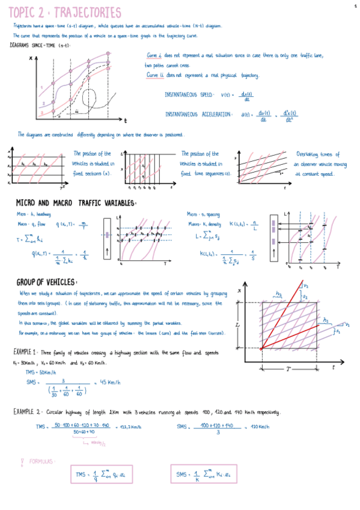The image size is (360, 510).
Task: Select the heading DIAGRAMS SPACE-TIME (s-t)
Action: click(40, 45)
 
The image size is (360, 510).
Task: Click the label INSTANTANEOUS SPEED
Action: click(189, 94)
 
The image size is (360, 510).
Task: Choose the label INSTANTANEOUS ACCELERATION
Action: click(198, 114)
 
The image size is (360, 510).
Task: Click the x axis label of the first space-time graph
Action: click(30, 58)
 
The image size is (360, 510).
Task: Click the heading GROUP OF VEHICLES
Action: click(46, 282)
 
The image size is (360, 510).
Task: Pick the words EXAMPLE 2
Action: click(26, 412)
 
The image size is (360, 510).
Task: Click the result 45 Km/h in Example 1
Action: click(108, 382)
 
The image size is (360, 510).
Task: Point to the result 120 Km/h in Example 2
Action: click(258, 426)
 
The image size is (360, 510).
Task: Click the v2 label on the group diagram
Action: click(306, 286)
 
